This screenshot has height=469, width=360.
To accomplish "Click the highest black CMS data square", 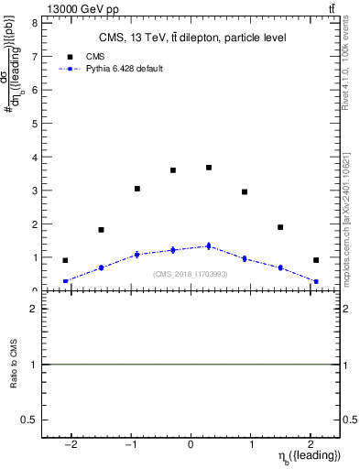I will [209, 168].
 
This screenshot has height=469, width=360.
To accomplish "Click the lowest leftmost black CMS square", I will [65, 260].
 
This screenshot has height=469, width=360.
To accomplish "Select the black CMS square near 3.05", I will [137, 189].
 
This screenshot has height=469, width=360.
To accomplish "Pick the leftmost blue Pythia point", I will [65, 281].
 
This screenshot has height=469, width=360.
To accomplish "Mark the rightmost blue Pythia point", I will [316, 281].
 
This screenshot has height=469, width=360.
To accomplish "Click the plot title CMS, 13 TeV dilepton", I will [191, 38].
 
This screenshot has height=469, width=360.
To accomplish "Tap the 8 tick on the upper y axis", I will [35, 23].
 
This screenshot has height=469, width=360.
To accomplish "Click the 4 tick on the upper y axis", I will [35, 157].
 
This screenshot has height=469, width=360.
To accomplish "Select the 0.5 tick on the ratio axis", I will [31, 420].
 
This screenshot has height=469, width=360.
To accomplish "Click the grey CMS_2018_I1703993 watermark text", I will [191, 274].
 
